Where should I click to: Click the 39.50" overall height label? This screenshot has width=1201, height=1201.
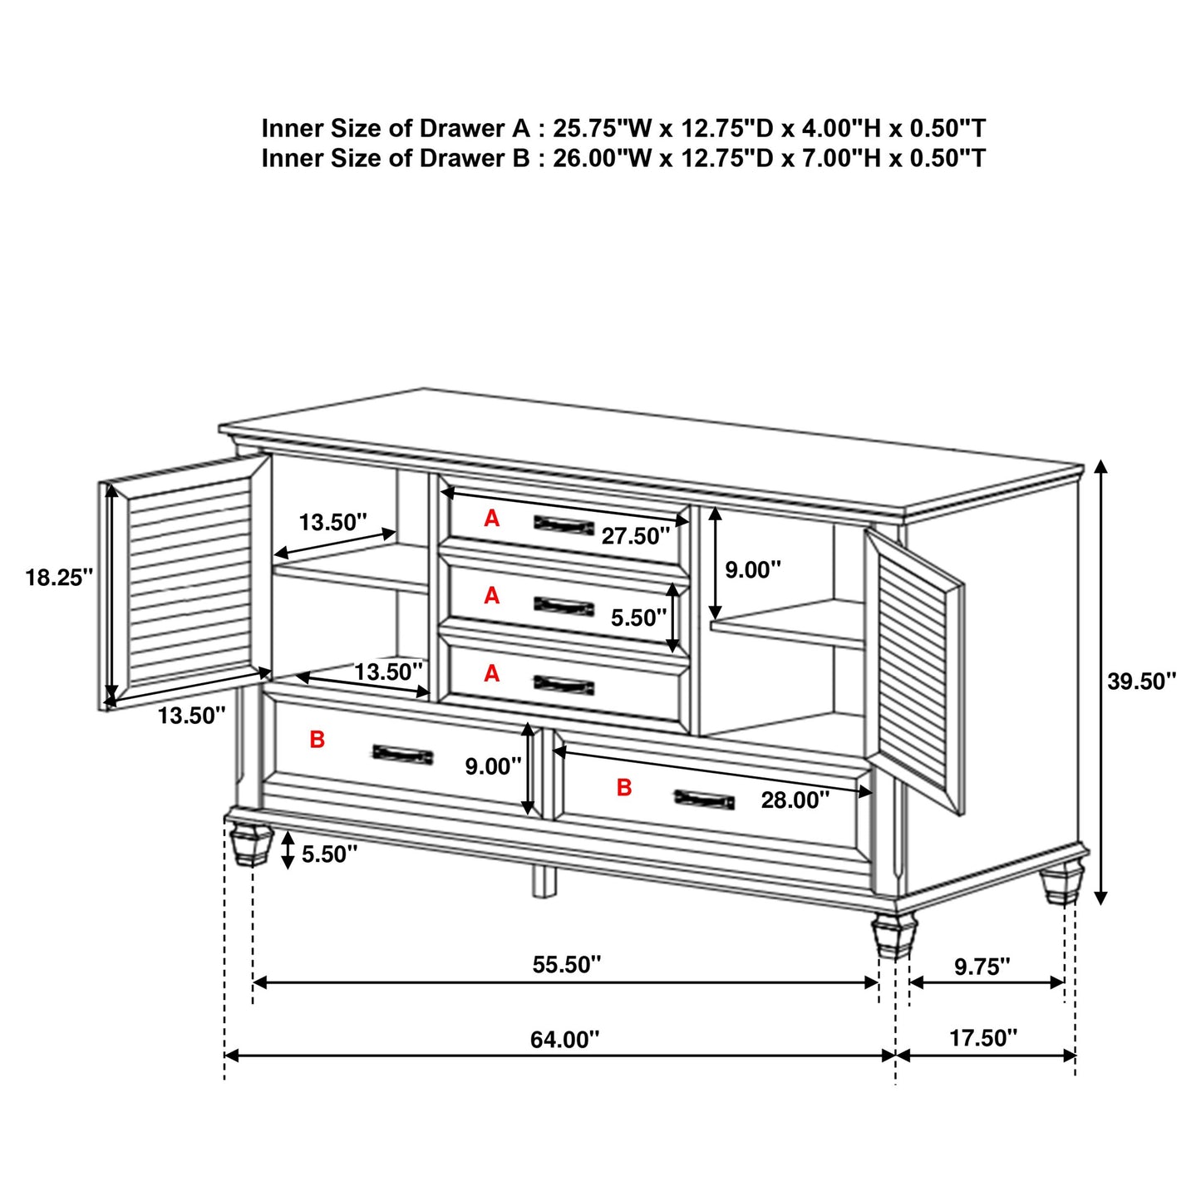1141,682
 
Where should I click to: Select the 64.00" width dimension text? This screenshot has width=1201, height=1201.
564,1039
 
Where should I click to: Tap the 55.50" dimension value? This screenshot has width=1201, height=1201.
566,964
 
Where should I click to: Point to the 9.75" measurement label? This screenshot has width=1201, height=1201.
982,966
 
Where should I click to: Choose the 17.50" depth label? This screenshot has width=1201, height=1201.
982,1037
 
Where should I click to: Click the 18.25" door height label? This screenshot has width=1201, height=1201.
58,578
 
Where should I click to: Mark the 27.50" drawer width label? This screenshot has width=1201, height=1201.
635,536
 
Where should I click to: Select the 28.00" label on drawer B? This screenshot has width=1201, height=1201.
795,800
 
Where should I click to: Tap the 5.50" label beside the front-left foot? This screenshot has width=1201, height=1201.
329,854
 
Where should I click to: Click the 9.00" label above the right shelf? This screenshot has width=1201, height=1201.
752,569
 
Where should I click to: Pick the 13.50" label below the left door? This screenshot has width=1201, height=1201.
191,715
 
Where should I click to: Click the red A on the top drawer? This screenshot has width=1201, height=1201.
492,519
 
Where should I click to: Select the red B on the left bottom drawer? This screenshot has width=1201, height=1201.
317,739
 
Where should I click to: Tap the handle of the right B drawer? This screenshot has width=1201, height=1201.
704,800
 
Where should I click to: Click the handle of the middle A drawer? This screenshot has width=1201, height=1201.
564,606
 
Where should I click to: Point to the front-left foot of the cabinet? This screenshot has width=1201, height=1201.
250,844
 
